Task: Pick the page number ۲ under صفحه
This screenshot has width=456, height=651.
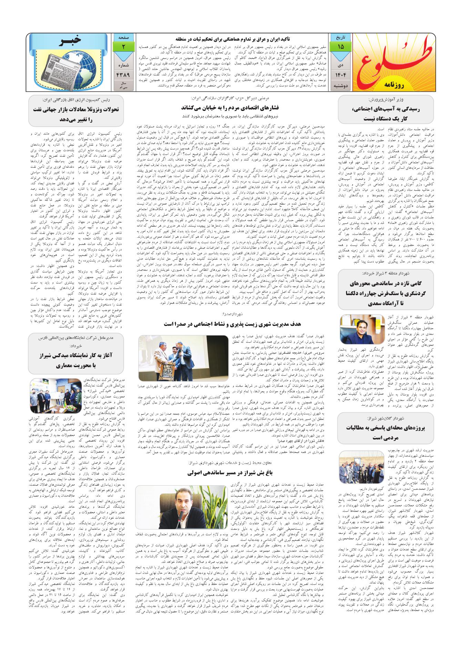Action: pos(123,46)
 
